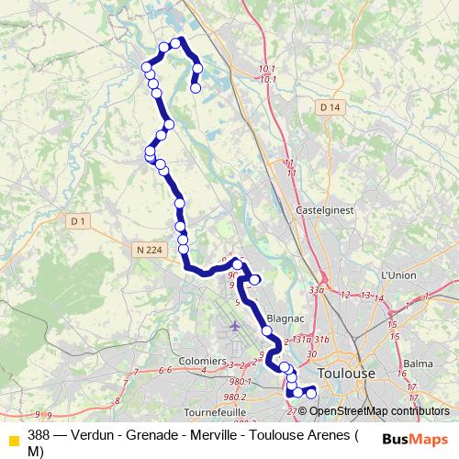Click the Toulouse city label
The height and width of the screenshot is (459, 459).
pos(346,374)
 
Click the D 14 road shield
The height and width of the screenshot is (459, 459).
pos(330,107)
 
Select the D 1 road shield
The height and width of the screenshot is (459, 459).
pos(78,220)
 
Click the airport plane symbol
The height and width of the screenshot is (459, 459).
pos(235,325)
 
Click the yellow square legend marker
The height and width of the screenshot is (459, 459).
pos(12,438)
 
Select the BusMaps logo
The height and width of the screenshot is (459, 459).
pos(414,439)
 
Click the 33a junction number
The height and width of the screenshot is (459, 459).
pos(318,290)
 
